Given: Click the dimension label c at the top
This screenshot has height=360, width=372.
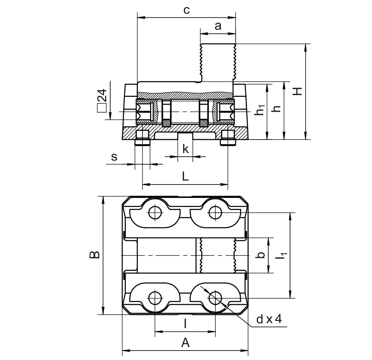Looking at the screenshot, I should pos(186,10).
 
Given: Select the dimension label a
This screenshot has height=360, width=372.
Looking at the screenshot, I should pos(218,26).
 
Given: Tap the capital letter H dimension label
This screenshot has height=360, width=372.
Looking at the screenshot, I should pos(298,91).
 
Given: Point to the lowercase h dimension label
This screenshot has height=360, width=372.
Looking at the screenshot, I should pos(278,108).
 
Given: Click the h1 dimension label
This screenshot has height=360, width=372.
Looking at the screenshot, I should pos(260,110).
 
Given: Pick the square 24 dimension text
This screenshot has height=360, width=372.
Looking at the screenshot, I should pos(102,99).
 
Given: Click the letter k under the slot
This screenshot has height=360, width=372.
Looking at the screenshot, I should pos(186,149).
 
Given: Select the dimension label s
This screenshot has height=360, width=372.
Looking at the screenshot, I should pos(114,157).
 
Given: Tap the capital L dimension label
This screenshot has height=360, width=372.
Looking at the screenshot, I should pos(185,177).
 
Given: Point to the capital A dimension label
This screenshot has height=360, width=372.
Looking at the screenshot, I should pos(185,342).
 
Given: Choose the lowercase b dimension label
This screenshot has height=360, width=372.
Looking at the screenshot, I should pos(260,255).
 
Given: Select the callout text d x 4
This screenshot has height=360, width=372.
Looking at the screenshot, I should pos(269,319).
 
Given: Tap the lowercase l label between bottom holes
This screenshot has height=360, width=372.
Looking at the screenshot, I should pos(185,323).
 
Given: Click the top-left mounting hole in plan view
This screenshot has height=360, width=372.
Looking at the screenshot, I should pos(155,212).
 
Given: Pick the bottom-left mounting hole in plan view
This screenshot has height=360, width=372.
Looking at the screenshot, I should pos(155,298).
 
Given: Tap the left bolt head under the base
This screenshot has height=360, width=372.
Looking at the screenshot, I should pos(142,140).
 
